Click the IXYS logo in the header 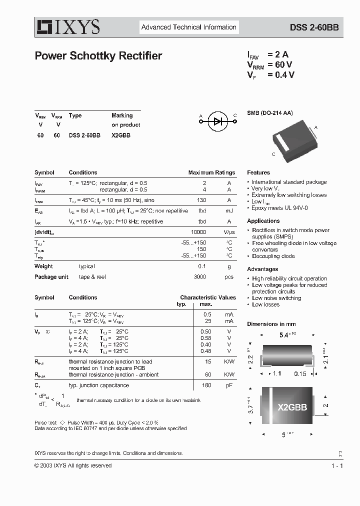67,27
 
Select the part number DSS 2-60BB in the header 314,28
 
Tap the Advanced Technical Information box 188,27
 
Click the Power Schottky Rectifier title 98,56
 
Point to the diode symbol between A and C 218,120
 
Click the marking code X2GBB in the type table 121,135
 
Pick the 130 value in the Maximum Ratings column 201,200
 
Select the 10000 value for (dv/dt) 198,232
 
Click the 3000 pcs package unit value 199,277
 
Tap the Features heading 258,172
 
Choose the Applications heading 263,221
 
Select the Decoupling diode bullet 273,256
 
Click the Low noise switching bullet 276,298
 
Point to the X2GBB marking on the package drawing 292,407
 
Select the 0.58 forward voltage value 205,338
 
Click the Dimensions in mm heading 271,324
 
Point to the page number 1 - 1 337,465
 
